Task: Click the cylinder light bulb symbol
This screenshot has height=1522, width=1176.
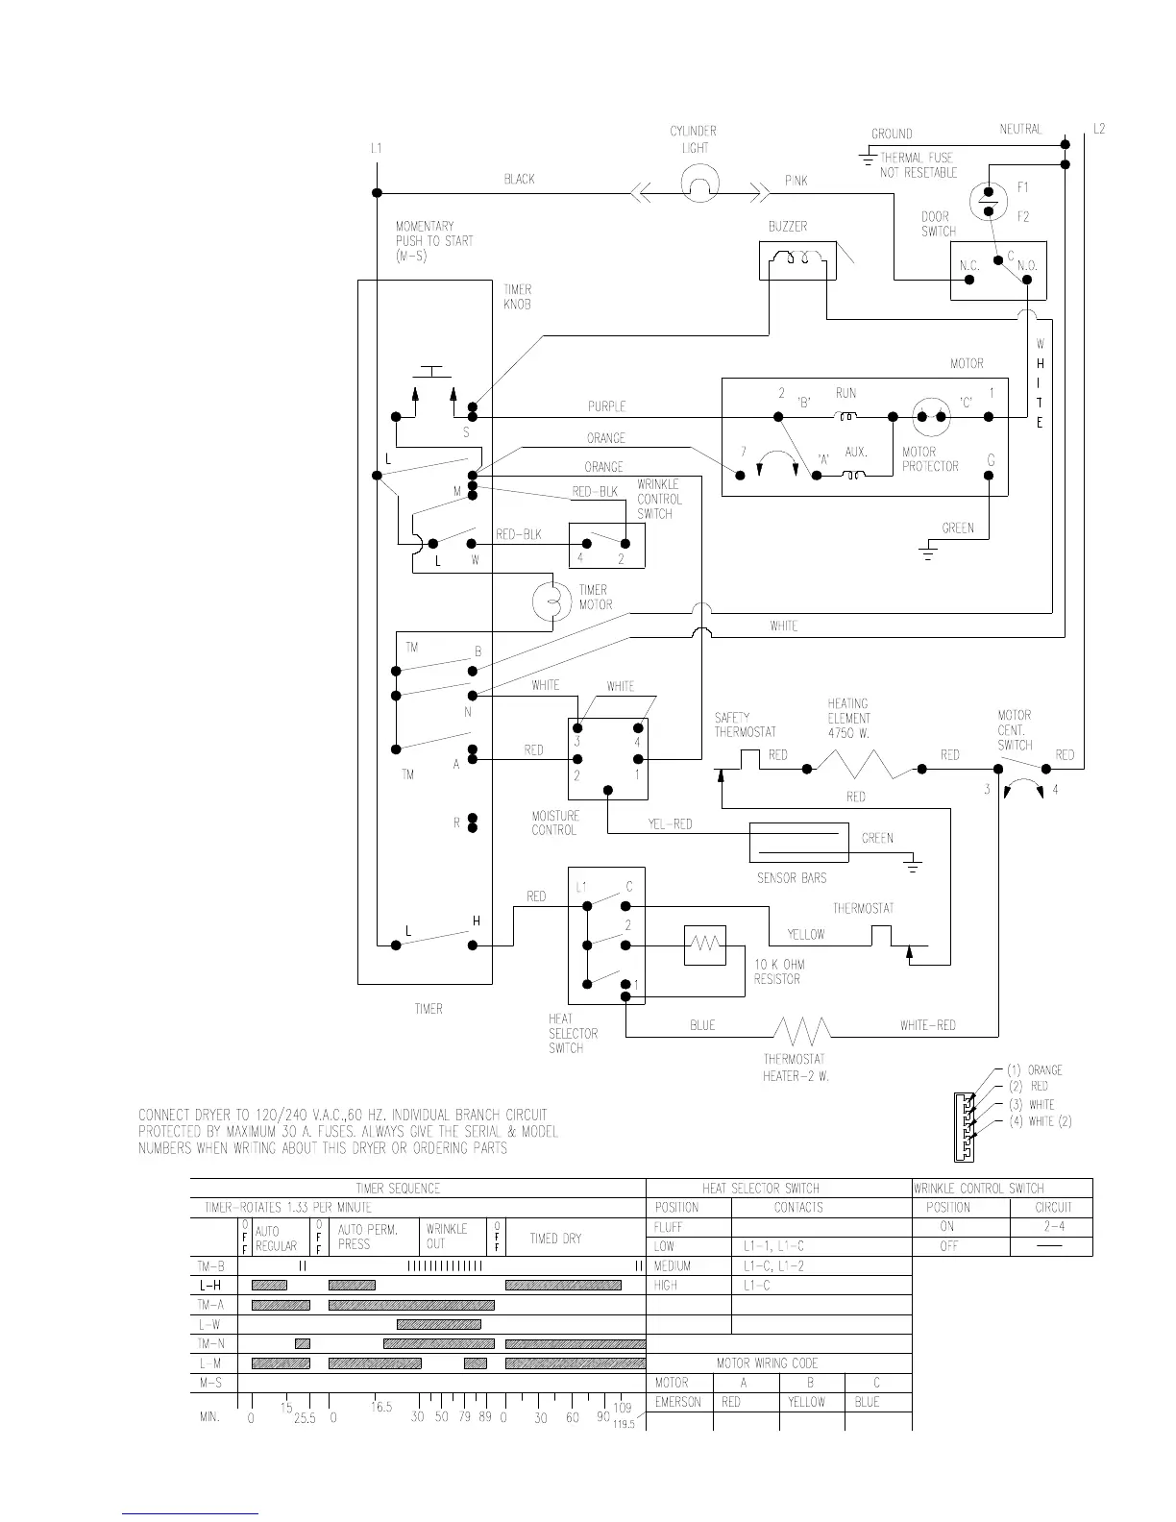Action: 700,183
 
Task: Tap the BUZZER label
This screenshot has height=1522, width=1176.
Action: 787,227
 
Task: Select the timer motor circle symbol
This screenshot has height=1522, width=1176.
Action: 551,599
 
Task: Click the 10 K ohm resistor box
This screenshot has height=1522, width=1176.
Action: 705,945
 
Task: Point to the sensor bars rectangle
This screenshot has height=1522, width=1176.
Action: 799,842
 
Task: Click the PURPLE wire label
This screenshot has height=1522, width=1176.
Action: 606,406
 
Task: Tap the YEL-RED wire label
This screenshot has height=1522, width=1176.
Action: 670,824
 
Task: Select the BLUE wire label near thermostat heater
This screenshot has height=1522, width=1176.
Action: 702,1025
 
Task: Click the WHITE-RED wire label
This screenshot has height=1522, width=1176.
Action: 927,1025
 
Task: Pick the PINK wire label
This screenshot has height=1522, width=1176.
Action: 796,180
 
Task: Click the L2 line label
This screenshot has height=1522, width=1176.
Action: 1099,129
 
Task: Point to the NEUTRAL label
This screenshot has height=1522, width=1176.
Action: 1020,129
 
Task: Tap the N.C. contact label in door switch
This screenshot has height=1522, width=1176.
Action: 968,265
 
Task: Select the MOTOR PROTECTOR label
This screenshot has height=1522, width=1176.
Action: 929,459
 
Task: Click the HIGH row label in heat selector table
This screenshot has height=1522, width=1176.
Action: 666,1285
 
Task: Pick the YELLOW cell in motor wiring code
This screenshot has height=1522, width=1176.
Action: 807,1402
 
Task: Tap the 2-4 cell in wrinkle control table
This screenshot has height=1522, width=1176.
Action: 1052,1227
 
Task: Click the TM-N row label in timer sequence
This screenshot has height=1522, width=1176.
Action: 211,1343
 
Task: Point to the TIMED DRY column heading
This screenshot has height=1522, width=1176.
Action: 555,1239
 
